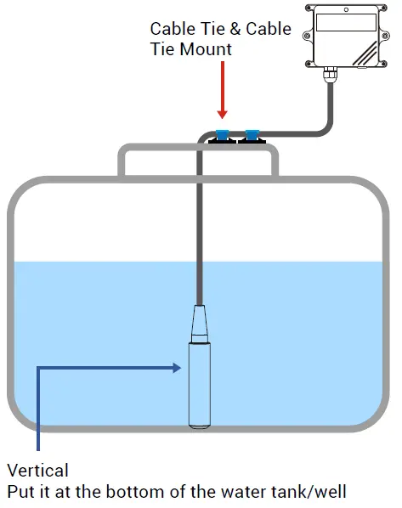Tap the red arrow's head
point(223,112)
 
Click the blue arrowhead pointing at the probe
point(178,368)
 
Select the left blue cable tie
point(223,133)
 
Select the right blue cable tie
point(252,133)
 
